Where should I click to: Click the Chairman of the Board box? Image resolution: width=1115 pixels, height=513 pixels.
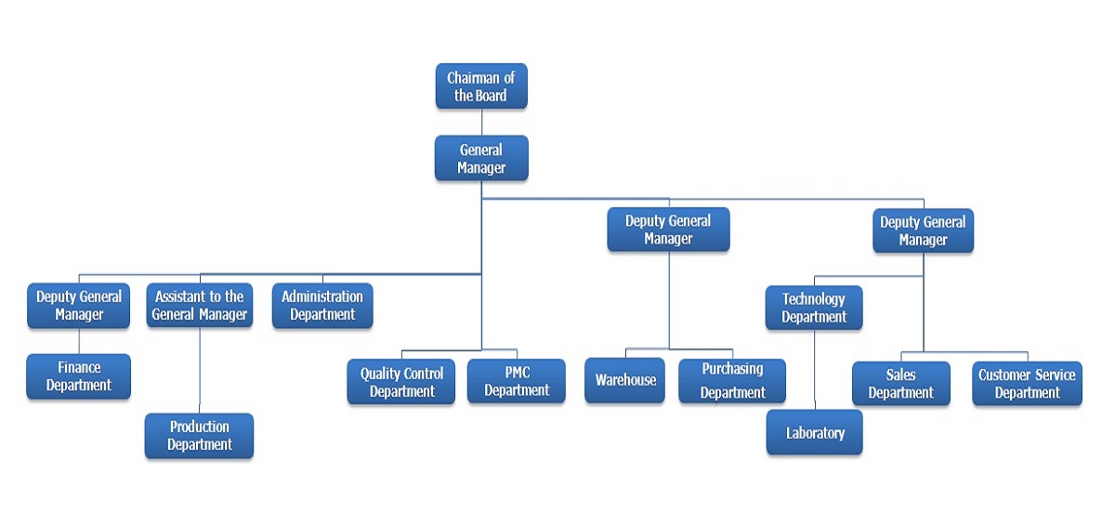click(x=481, y=86)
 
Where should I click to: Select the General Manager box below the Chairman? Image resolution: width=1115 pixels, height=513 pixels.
click(x=481, y=158)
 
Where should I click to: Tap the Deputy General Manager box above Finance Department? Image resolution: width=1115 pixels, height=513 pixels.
click(x=79, y=306)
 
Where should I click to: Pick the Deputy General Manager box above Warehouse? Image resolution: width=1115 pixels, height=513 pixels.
click(x=668, y=230)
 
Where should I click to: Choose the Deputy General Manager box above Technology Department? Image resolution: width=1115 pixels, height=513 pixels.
click(x=923, y=230)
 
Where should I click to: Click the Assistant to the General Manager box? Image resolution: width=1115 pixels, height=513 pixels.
click(x=199, y=306)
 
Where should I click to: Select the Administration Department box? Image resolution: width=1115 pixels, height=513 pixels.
click(x=322, y=306)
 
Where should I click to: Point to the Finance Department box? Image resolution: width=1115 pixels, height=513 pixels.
click(x=79, y=376)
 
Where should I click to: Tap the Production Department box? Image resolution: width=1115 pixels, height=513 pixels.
click(x=199, y=436)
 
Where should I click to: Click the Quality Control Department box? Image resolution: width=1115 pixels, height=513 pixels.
click(x=401, y=382)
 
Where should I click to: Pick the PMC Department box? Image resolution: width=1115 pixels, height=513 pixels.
click(x=516, y=382)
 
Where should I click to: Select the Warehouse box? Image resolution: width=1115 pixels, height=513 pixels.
click(x=624, y=380)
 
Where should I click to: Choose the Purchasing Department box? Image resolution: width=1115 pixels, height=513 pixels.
click(x=732, y=381)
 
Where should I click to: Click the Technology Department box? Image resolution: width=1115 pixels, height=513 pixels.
click(x=814, y=308)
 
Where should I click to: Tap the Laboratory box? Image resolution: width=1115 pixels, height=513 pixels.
click(x=814, y=433)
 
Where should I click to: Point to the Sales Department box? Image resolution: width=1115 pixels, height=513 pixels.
click(x=900, y=384)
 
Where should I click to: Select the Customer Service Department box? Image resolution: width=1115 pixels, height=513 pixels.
click(x=1027, y=384)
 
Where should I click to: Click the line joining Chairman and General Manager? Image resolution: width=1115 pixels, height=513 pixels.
click(x=481, y=122)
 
